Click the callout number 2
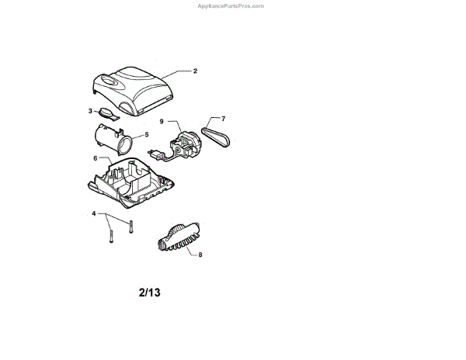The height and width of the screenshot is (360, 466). click(x=195, y=71)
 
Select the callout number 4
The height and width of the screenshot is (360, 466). click(x=94, y=213)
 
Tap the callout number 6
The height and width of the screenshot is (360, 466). click(x=96, y=158)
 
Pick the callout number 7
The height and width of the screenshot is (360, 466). click(x=223, y=119)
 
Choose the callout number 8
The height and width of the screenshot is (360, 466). click(x=200, y=254)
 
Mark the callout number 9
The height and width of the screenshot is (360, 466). click(x=162, y=122)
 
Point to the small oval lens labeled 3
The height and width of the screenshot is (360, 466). click(x=110, y=116)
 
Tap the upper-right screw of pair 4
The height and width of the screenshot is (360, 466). click(x=131, y=227)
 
